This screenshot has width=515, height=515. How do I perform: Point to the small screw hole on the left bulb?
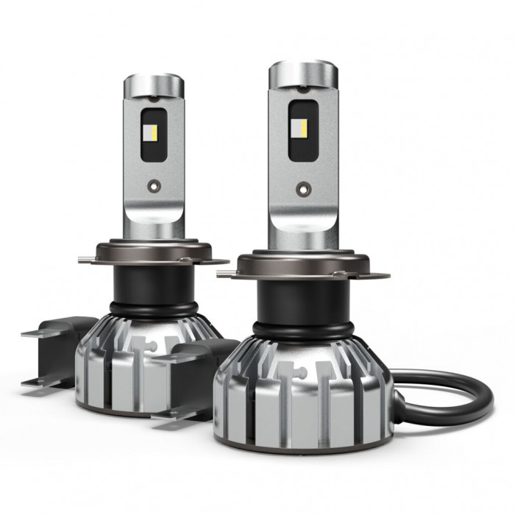pos(152,186)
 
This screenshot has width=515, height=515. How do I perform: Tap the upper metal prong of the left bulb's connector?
pos(37,333)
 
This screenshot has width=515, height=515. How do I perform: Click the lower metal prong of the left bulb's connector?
pos(37,382)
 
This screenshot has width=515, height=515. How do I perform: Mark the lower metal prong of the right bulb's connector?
pos(168,414)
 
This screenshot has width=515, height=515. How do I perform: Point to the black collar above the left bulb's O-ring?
pos(153,283)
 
